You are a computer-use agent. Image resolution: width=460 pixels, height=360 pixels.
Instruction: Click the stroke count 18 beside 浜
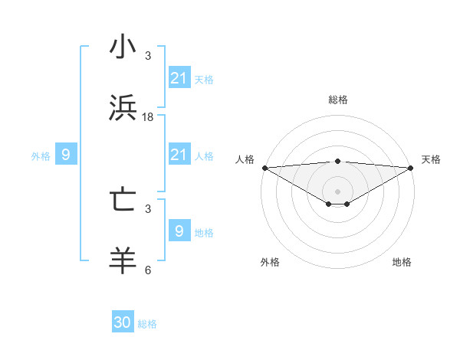pyautogui.click(x=148, y=117)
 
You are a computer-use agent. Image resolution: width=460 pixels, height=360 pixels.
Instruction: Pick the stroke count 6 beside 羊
pyautogui.click(x=148, y=270)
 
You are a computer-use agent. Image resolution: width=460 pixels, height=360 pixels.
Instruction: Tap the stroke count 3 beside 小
pyautogui.click(x=148, y=56)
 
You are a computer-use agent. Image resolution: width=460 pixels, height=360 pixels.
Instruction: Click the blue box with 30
pyautogui.click(x=123, y=322)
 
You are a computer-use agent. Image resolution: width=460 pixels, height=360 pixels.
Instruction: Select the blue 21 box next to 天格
pyautogui.click(x=179, y=78)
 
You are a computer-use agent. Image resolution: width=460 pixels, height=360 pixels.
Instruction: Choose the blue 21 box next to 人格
pyautogui.click(x=179, y=155)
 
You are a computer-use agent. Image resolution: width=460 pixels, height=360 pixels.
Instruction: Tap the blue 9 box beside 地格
pyautogui.click(x=179, y=231)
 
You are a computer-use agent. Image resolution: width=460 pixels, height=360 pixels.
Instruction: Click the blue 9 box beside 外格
pyautogui.click(x=66, y=155)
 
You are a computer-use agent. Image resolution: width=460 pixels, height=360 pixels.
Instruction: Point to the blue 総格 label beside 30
pyautogui.click(x=147, y=324)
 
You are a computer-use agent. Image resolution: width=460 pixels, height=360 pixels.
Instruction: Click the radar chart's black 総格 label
pyautogui.click(x=337, y=100)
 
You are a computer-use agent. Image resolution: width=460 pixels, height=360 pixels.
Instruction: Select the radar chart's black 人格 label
pyautogui.click(x=245, y=159)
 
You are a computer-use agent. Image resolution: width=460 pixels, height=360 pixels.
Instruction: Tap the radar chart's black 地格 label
pyautogui.click(x=402, y=262)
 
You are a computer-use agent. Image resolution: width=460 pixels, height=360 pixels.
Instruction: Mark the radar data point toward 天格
pyautogui.click(x=411, y=168)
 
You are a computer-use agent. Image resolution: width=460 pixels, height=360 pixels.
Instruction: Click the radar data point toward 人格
pyautogui.click(x=264, y=168)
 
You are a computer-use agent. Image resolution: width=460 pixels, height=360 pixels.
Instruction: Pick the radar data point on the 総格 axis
pyautogui.click(x=337, y=161)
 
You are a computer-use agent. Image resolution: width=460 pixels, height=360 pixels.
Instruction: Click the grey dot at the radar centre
pyautogui.click(x=337, y=191)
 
